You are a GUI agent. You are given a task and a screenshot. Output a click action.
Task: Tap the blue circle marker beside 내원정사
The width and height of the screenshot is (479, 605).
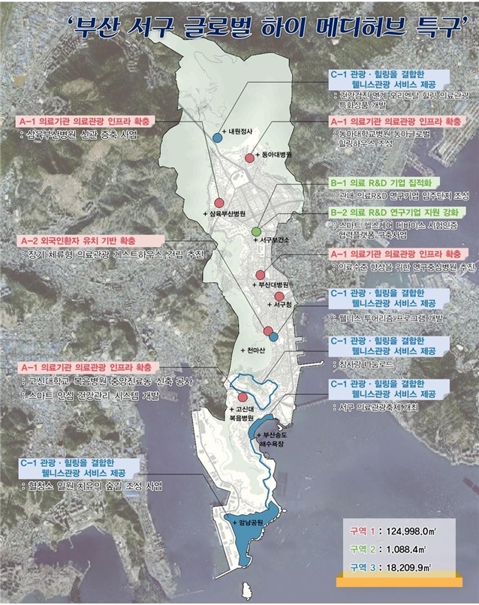218,137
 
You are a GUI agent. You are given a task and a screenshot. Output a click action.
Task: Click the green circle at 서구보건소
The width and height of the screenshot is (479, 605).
257,231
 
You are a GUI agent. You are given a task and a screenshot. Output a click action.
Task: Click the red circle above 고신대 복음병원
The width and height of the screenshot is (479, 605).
242,398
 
